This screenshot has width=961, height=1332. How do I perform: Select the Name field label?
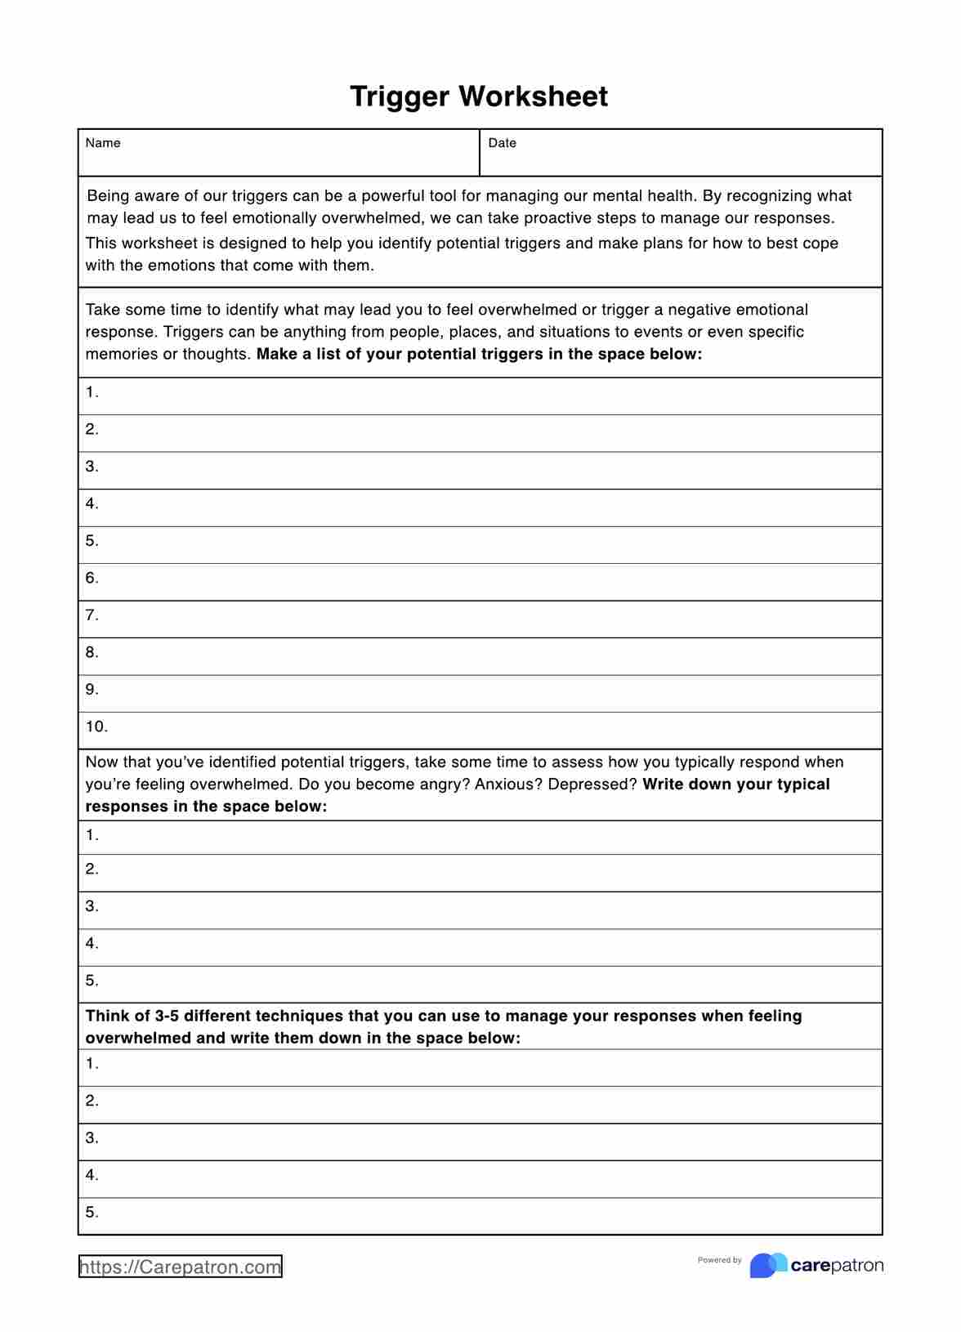pos(103,143)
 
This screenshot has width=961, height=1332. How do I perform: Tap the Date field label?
pos(502,143)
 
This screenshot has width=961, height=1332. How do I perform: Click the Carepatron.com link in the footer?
pos(181,1267)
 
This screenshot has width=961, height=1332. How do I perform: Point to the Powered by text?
pos(719,1260)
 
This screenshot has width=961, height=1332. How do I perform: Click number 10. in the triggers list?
pos(96,726)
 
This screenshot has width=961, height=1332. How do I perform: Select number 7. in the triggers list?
pos(92,615)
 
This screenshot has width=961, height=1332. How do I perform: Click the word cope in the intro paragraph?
pos(820,244)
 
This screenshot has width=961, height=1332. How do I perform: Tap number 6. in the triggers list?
pos(92,578)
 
